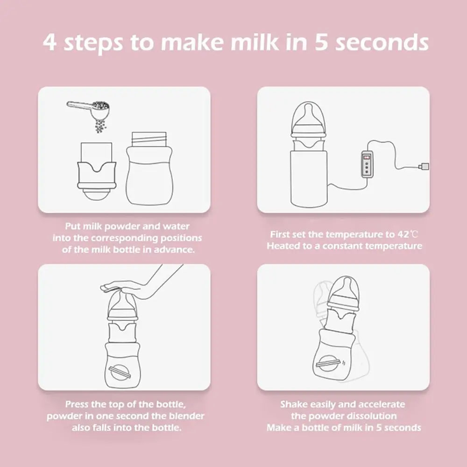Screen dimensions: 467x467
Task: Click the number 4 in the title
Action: point(50,42)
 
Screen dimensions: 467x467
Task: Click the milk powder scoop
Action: point(89,108)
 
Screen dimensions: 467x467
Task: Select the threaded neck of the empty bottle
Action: point(149,139)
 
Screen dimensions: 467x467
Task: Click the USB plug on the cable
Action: point(424,166)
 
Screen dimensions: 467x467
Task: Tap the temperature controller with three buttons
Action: point(367,164)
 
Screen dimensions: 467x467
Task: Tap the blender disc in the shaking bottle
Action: point(328,363)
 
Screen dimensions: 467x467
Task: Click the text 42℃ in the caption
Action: point(408,234)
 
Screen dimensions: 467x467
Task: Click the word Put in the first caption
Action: point(73,226)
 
